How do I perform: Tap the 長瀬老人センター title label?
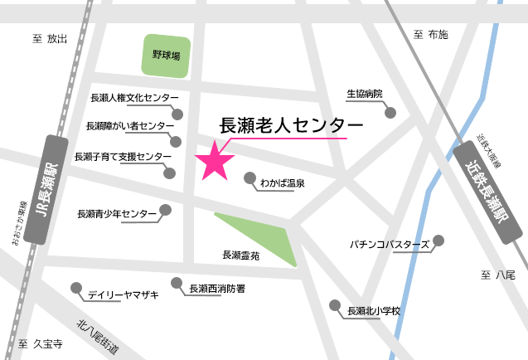pyautogui.click(x=290, y=124)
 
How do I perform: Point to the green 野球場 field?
pyautogui.click(x=166, y=56)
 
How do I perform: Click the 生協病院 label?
pyautogui.click(x=365, y=94)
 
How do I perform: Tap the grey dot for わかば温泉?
pyautogui.click(x=250, y=178)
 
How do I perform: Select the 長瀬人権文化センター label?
pyautogui.click(x=135, y=98)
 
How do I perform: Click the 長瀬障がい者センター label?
pyautogui.click(x=130, y=126)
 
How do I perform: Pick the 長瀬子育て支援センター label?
pyautogui.click(x=123, y=156)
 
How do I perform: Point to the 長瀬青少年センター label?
pyautogui.click(x=116, y=214)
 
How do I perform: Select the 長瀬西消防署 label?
pyautogui.click(x=216, y=289)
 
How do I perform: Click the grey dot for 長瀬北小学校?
pyautogui.click(x=335, y=305)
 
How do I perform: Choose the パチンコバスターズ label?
pyautogui.click(x=389, y=245)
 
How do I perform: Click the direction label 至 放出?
pyautogui.click(x=49, y=38)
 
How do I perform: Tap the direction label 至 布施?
pyautogui.click(x=430, y=34)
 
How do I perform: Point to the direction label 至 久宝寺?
pyautogui.click(x=41, y=343)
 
